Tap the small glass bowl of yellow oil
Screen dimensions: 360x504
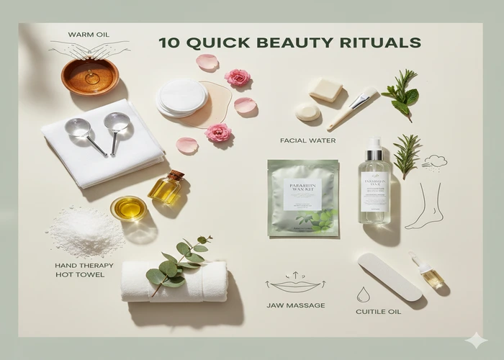pyautogui.click(x=128, y=208)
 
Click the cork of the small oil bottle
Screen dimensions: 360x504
pyautogui.click(x=176, y=175)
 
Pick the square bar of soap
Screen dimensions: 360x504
pyautogui.click(x=326, y=89)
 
